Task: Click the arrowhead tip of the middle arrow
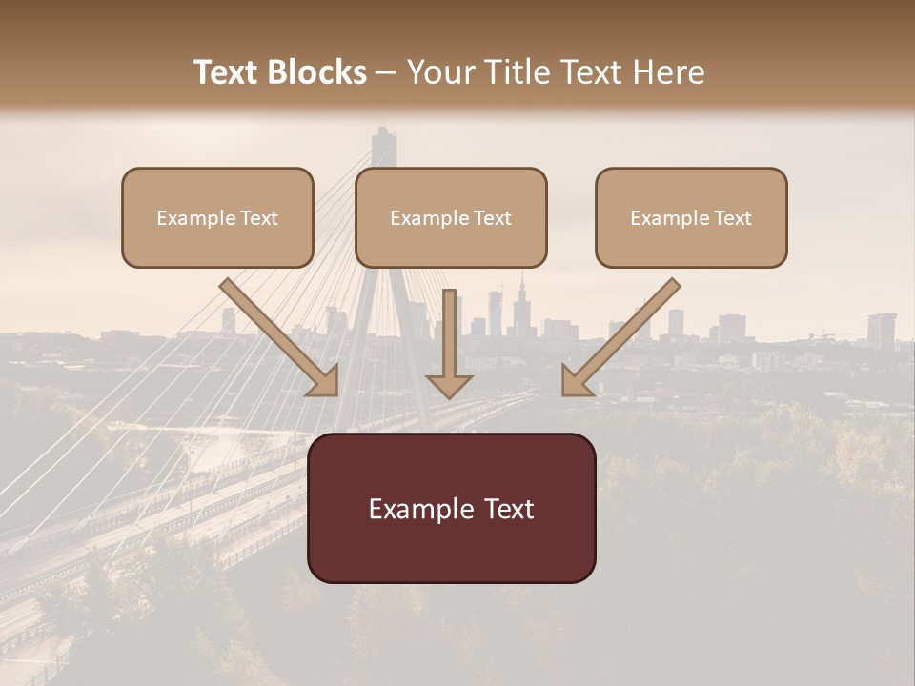pyautogui.click(x=449, y=393)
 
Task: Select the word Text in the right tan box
pyautogui.click(x=732, y=218)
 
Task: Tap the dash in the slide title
pyautogui.click(x=386, y=72)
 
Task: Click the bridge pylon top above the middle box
pyautogui.click(x=383, y=143)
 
